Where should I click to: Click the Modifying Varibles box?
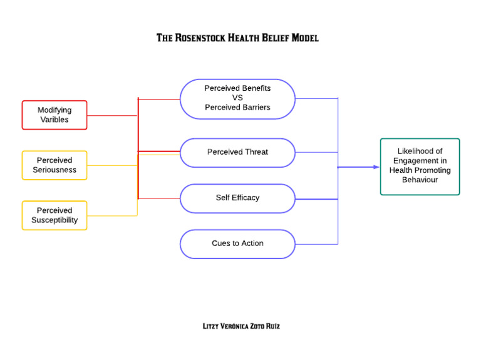tap(54, 115)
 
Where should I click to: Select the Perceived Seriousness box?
tap(54, 165)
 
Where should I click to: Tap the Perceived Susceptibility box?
tap(54, 215)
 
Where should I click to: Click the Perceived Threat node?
tap(237, 152)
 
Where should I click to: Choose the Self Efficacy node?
tap(237, 198)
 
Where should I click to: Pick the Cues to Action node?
tap(237, 244)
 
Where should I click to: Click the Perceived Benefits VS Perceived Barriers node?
tap(237, 98)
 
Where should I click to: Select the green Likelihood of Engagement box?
tap(420, 166)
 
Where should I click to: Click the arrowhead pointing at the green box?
tap(376, 167)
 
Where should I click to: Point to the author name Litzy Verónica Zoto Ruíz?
tap(237, 326)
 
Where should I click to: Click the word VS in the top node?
tap(237, 98)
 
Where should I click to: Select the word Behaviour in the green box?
tap(420, 180)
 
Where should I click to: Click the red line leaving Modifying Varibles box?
tap(113, 115)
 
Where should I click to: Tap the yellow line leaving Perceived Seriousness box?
tap(113, 165)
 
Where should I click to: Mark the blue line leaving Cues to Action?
tap(316, 244)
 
